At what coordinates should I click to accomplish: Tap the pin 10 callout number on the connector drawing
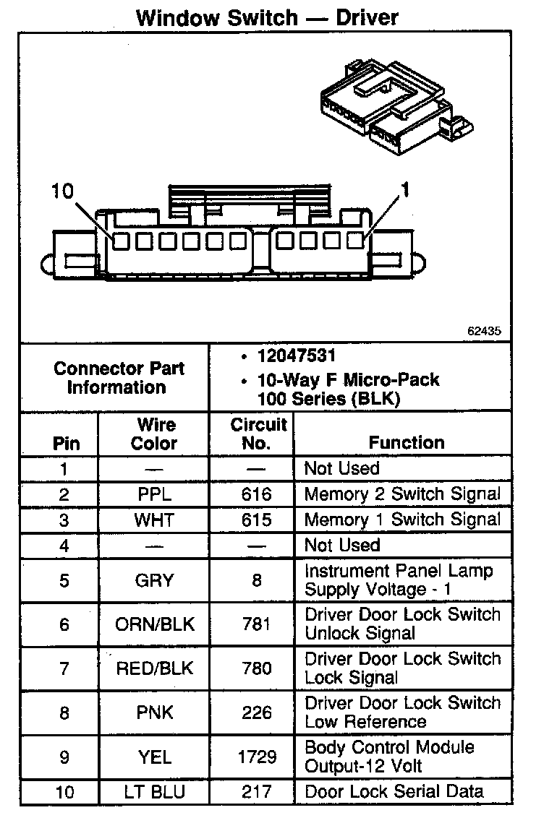tap(63, 191)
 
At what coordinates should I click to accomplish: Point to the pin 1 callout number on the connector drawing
tap(405, 189)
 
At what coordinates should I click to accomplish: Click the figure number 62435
tap(484, 331)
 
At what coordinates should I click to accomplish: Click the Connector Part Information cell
tap(119, 377)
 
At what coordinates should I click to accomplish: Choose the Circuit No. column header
tap(258, 434)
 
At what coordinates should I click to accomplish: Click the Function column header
tap(407, 442)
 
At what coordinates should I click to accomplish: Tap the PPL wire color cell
tap(154, 494)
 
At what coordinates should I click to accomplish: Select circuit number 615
tap(257, 520)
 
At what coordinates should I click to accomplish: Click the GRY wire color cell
tap(154, 580)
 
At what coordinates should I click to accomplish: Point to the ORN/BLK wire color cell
tap(154, 624)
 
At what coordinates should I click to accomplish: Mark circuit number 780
tap(257, 668)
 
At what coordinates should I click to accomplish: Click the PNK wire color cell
tap(154, 712)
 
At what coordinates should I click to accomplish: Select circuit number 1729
tap(257, 757)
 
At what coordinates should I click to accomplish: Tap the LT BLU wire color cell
tap(154, 792)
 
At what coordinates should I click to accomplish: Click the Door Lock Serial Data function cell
tap(394, 792)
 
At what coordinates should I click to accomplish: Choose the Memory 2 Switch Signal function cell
tap(402, 494)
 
